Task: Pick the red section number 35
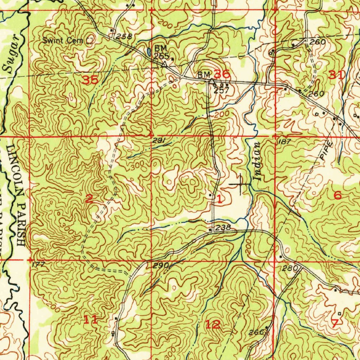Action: [x=90, y=80]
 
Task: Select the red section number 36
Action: [x=222, y=74]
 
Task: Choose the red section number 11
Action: [x=90, y=320]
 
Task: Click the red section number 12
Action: [x=213, y=324]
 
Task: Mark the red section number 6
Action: [x=337, y=195]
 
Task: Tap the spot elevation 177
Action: [x=36, y=264]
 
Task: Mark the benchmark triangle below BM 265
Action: [x=164, y=64]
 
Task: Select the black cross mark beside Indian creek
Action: [x=240, y=184]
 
